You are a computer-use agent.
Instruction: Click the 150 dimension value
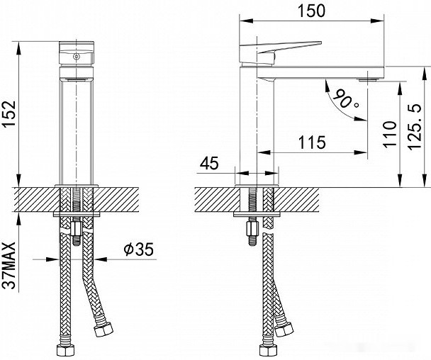point(312,10)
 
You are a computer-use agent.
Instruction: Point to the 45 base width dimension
point(209,164)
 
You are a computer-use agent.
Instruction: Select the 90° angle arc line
point(333,106)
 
